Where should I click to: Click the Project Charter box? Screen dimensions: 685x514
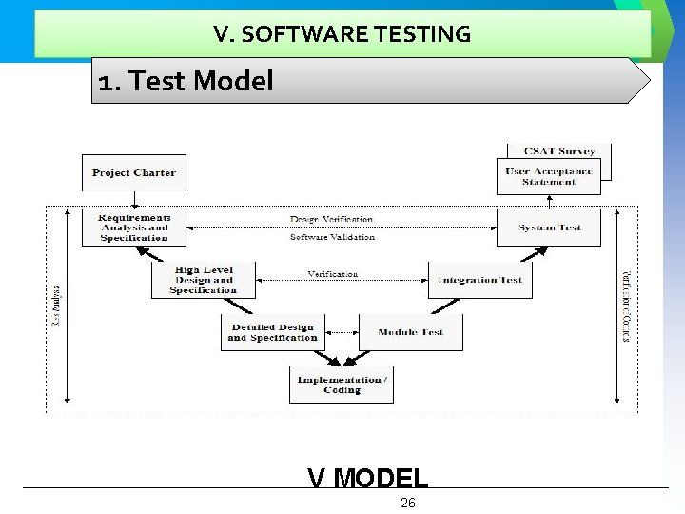pos(134,173)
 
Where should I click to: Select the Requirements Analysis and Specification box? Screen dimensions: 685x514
pos(134,228)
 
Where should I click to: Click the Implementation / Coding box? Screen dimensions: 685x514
pos(342,384)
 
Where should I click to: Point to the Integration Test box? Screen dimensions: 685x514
pos(479,280)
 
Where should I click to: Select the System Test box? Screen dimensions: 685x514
pos(549,228)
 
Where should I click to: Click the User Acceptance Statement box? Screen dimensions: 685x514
pos(549,177)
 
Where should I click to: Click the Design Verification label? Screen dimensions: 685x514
pos(332,219)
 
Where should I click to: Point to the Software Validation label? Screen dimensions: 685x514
pos(332,237)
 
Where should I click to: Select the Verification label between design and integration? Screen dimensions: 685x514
pos(333,274)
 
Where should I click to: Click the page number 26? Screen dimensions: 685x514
pos(408,503)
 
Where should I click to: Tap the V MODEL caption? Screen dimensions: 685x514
pos(368,476)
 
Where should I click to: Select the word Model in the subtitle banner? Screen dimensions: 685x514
pos(233,81)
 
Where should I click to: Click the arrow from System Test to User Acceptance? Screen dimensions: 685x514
pos(550,202)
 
